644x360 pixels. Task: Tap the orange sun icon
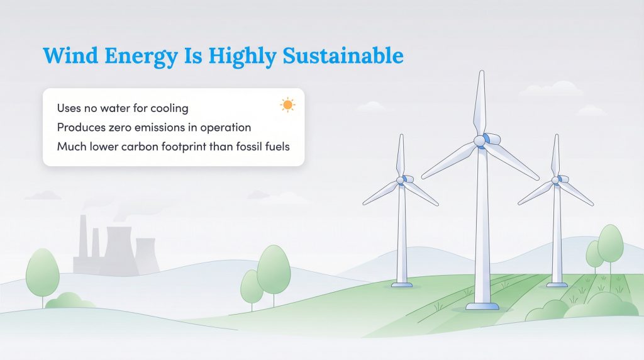coord(288,104)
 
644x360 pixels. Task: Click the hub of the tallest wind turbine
coord(481,140)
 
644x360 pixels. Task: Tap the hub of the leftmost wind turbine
coord(401,180)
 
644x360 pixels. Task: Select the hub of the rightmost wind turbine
coord(555,180)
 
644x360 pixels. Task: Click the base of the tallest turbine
coord(482,306)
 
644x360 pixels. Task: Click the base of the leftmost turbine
coord(401,284)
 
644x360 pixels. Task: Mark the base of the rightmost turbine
coord(557,284)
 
